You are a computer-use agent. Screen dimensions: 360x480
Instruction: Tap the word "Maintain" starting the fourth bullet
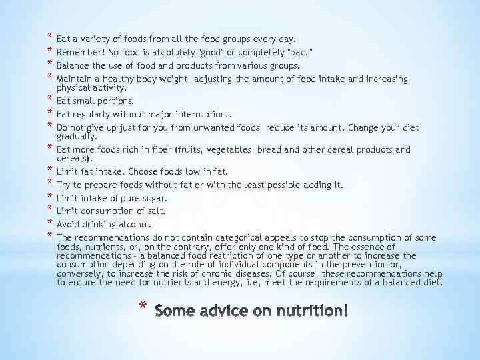coord(75,79)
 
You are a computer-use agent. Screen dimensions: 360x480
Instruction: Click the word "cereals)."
coord(75,159)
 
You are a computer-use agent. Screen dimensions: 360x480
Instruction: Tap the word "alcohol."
coord(135,223)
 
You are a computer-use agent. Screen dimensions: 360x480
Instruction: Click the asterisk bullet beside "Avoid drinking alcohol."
coord(50,223)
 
